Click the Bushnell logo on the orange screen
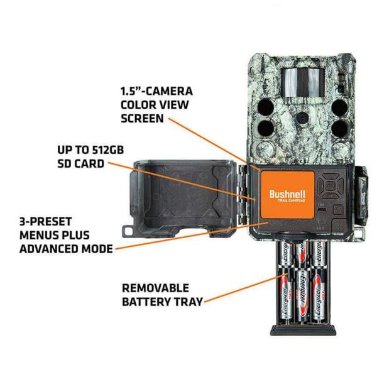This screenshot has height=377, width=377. [287, 194]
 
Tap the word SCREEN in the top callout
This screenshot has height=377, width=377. [143, 119]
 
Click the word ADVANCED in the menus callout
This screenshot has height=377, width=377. [50, 249]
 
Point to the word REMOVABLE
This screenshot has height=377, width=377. [156, 288]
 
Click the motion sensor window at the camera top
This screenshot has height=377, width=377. [303, 82]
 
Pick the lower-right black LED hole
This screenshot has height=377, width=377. [339, 128]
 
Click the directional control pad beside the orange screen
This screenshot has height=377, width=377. [331, 185]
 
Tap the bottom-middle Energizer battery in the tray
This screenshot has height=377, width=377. [302, 297]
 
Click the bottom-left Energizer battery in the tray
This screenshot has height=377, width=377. [286, 297]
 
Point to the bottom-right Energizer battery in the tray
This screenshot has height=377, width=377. [319, 297]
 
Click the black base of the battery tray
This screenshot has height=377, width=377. [303, 330]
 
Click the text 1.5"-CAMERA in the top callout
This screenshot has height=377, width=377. [156, 91]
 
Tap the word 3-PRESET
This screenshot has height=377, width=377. [46, 222]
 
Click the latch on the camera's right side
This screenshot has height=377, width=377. [361, 194]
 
